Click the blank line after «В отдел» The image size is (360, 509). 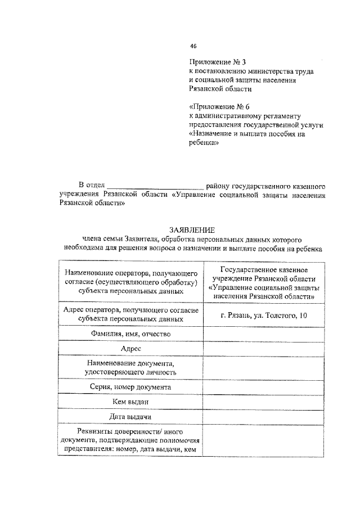click(x=155, y=185)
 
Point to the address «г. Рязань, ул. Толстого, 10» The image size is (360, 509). click(x=264, y=316)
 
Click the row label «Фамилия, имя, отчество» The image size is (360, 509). click(x=130, y=334)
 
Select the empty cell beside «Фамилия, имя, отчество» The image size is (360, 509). click(x=264, y=334)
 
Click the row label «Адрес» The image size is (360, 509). click(x=130, y=349)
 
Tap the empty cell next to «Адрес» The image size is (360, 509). click(x=264, y=349)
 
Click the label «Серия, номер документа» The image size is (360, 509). click(x=130, y=387)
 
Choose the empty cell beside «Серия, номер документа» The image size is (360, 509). click(x=264, y=387)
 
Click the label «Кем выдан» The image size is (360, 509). click(x=130, y=402)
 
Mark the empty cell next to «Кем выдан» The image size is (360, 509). click(x=264, y=402)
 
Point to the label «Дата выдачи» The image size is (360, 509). click(x=130, y=416)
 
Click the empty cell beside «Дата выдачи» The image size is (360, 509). click(x=264, y=416)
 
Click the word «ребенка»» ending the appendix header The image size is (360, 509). click(x=204, y=143)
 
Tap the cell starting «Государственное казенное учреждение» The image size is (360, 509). click(x=264, y=282)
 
